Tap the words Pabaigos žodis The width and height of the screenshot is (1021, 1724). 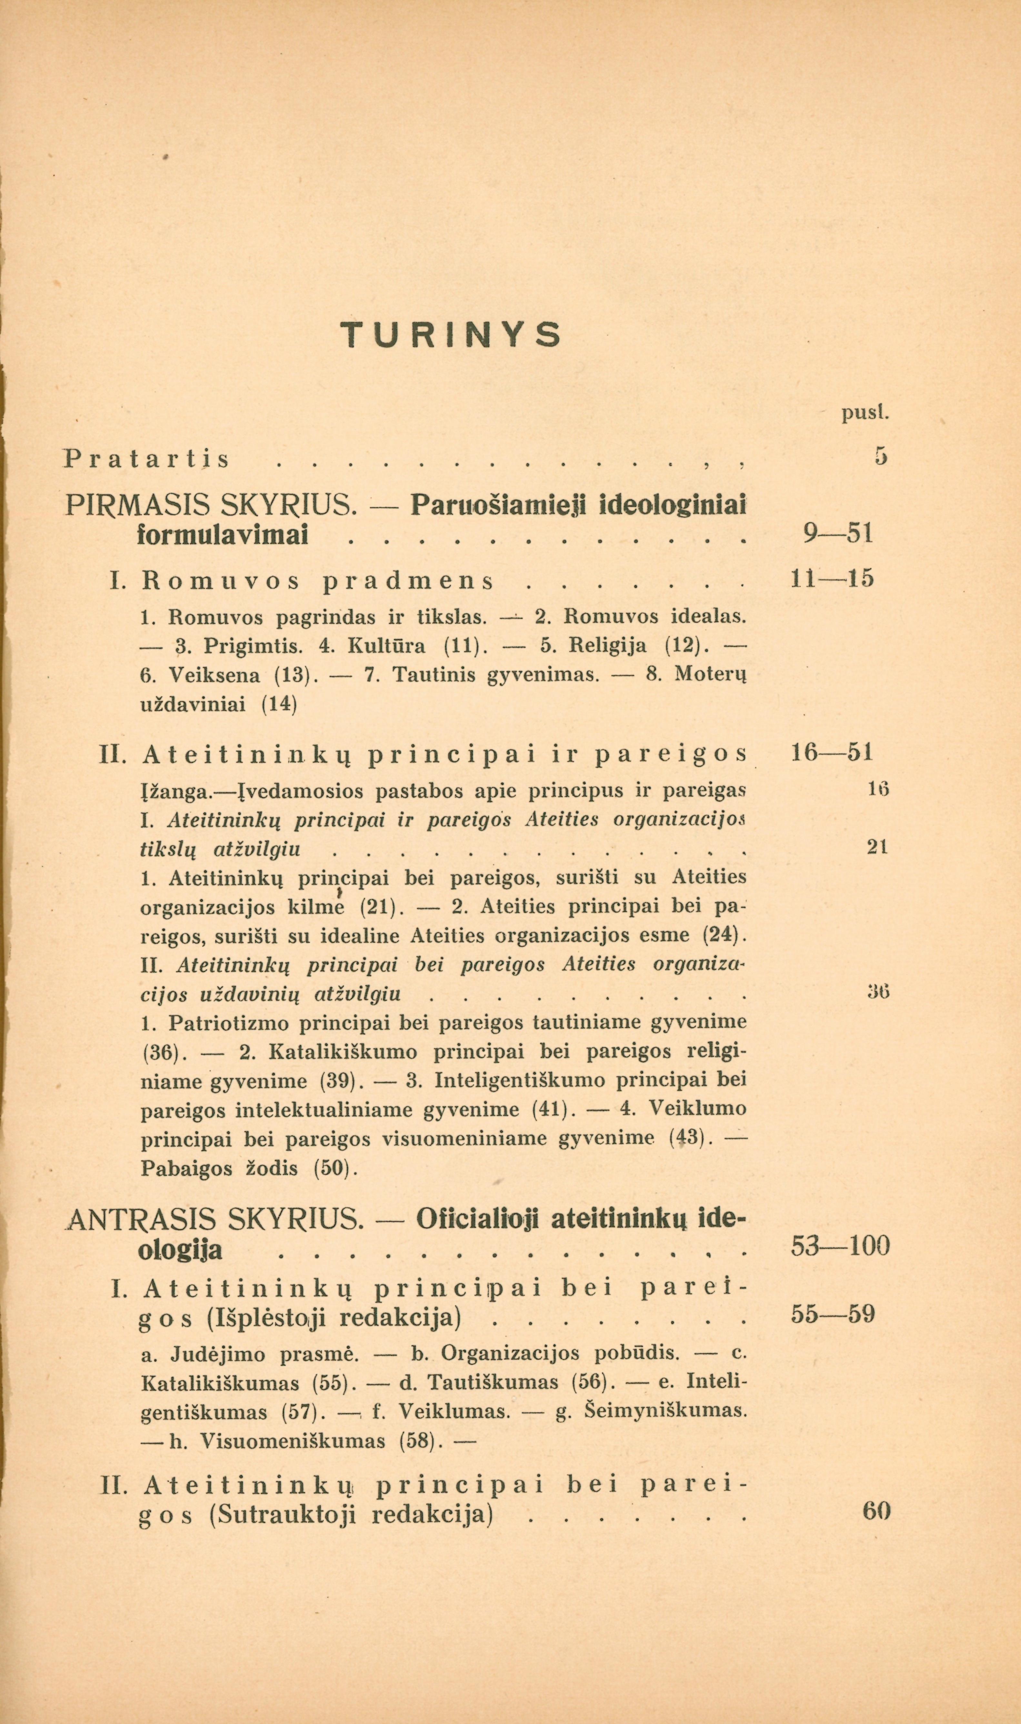pos(219,1169)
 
